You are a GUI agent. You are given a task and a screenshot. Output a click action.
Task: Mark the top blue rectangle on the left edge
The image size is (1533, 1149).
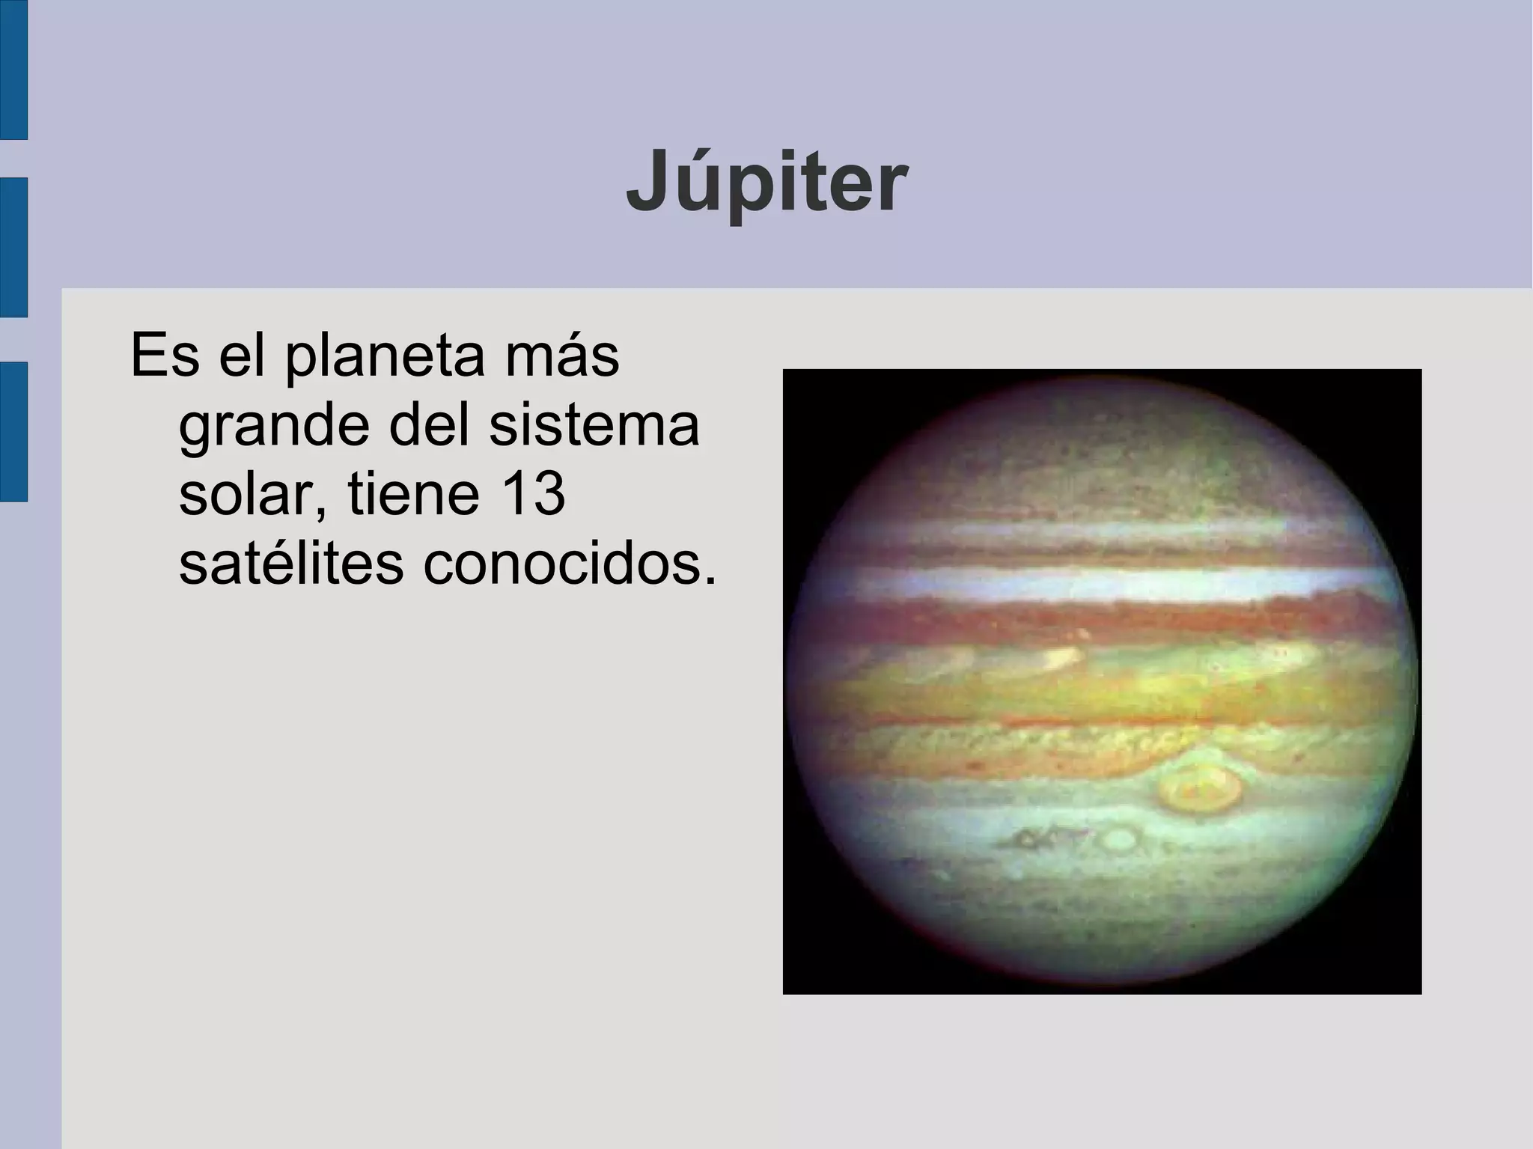(13, 69)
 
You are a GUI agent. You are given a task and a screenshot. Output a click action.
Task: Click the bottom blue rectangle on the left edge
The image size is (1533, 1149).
(13, 431)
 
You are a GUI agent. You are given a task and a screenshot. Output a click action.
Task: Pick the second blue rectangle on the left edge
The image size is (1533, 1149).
(13, 247)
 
